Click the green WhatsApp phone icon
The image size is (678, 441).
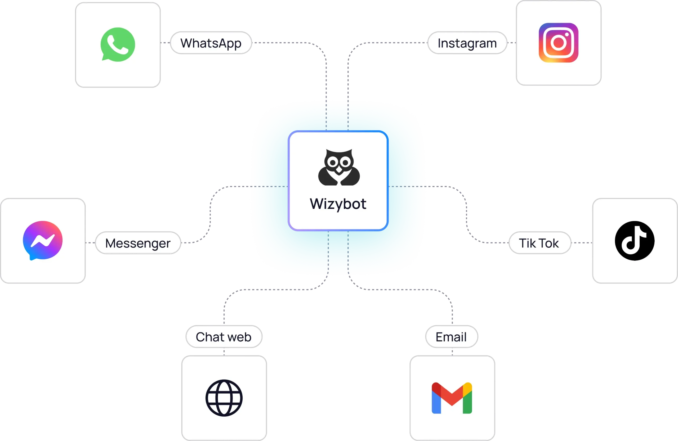(118, 44)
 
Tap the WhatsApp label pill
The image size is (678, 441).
(211, 43)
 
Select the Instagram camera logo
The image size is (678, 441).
(558, 43)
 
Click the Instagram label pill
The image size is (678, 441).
(467, 43)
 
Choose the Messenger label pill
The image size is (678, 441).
(138, 243)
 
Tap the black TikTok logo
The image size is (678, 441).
(635, 241)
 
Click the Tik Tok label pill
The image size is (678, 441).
(539, 243)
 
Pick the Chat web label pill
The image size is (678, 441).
(224, 337)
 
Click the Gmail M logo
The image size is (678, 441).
(452, 398)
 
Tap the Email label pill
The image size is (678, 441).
(452, 337)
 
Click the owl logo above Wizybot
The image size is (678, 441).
(339, 167)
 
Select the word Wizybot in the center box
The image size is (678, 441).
(338, 204)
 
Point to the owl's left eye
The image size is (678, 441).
(332, 163)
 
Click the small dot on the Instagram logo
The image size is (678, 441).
(567, 34)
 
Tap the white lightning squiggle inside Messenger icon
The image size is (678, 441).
(43, 241)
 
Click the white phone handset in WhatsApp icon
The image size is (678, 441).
(118, 44)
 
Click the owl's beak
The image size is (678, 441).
(339, 170)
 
